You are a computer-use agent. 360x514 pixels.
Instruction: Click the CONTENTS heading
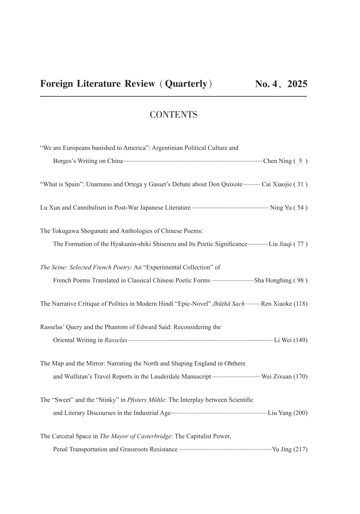click(173, 115)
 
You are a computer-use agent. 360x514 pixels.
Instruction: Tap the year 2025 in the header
click(297, 84)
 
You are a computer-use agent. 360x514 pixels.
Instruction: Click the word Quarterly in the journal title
click(186, 84)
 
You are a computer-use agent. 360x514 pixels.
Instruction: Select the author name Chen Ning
click(277, 161)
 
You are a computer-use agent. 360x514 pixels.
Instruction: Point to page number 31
click(300, 184)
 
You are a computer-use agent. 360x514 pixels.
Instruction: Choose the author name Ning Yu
click(281, 208)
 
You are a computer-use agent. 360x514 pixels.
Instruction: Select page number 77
click(300, 244)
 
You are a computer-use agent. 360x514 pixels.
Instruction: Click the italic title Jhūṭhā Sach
click(228, 304)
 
